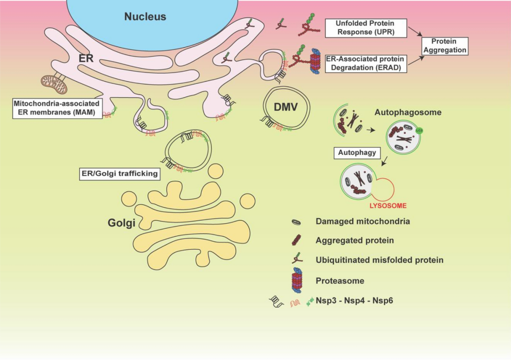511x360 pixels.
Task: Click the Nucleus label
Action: pyautogui.click(x=145, y=17)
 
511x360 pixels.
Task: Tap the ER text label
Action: pyautogui.click(x=87, y=58)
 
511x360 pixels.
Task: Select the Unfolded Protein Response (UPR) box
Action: pyautogui.click(x=365, y=28)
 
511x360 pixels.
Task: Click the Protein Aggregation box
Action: pyautogui.click(x=444, y=46)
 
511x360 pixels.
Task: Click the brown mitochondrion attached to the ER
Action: pyautogui.click(x=54, y=84)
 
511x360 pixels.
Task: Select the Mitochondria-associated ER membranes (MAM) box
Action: pyautogui.click(x=57, y=108)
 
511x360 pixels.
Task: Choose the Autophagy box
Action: pyautogui.click(x=357, y=152)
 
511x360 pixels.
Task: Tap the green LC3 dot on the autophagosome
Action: pyautogui.click(x=419, y=132)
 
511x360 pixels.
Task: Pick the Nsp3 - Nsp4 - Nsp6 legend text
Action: pyautogui.click(x=354, y=300)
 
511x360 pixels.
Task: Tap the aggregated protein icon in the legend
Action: pyautogui.click(x=296, y=240)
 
